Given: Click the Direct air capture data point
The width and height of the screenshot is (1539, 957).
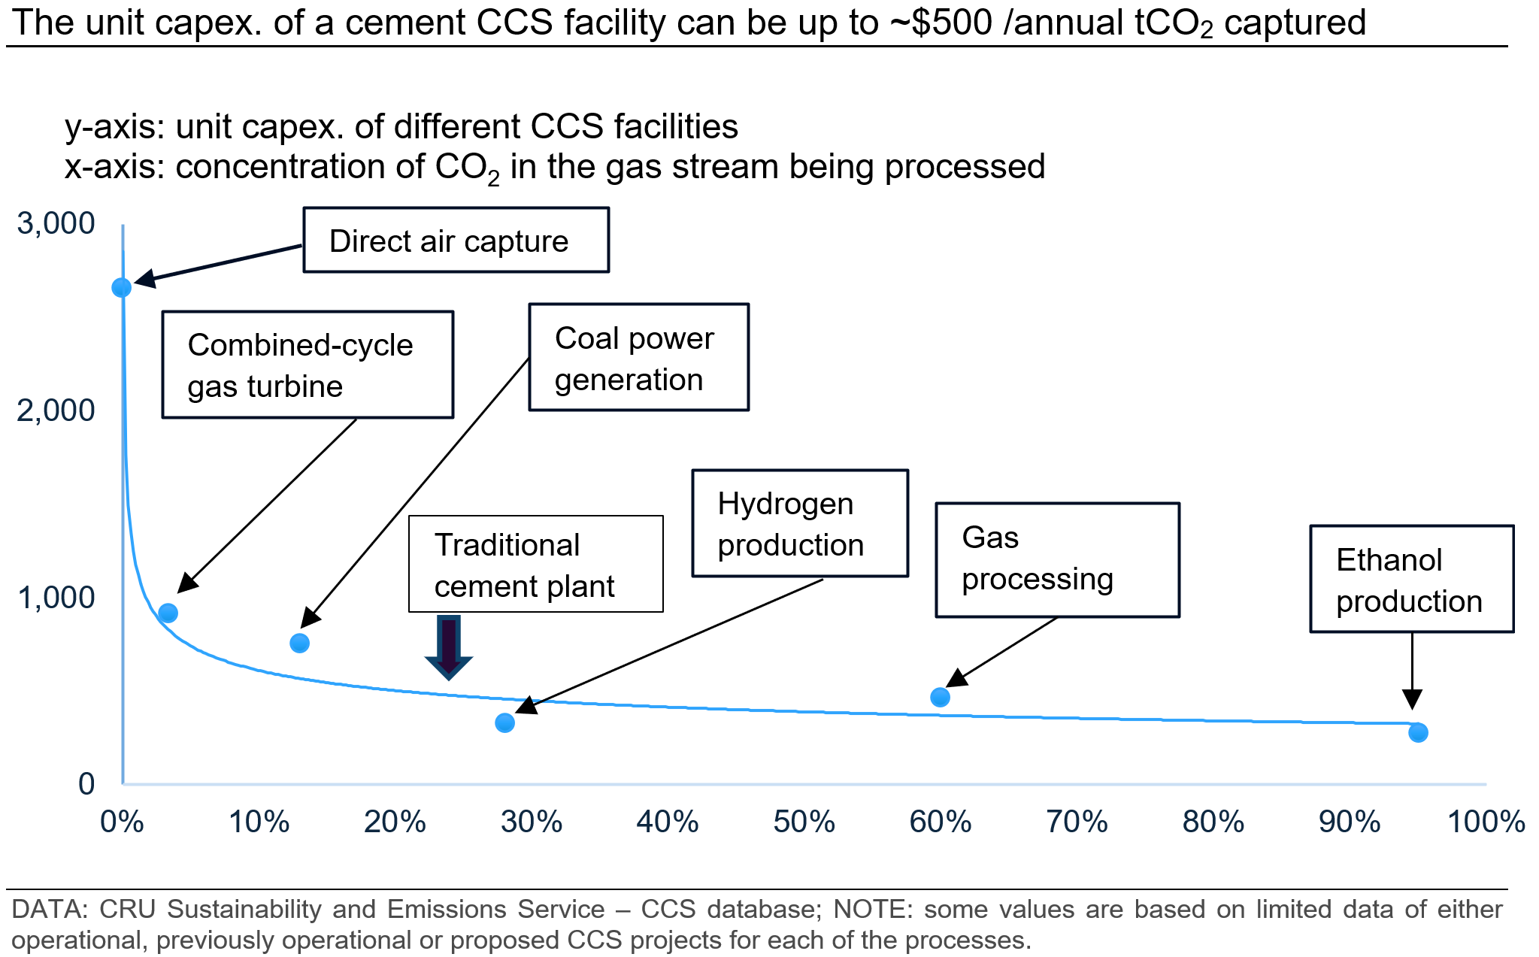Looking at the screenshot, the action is [x=122, y=287].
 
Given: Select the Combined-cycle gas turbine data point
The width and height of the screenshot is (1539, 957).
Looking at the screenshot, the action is [x=168, y=613].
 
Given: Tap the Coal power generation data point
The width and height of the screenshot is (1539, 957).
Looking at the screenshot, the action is [x=299, y=643].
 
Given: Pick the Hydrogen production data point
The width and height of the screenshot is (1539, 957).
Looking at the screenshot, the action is [x=505, y=722].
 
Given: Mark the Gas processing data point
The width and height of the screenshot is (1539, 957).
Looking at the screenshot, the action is [x=940, y=697].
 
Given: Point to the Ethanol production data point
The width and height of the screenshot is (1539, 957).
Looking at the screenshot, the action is [x=1418, y=732].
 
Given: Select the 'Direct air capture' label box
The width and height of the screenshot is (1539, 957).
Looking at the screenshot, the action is [x=456, y=240].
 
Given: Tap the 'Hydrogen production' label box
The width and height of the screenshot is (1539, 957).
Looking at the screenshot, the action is [x=800, y=523].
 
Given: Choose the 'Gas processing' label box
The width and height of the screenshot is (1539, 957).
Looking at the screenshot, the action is [x=1058, y=560].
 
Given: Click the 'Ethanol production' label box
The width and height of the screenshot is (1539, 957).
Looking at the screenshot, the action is [x=1412, y=579].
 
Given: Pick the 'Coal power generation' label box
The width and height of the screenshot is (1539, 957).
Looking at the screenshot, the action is [x=639, y=357].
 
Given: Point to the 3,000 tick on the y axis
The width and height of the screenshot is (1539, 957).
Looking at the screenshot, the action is [x=56, y=223].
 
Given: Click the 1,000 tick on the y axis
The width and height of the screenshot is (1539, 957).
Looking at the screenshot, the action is [x=56, y=598].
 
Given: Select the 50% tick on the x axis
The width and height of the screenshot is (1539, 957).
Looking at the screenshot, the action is [x=804, y=822].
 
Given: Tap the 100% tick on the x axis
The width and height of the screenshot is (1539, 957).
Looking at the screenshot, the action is [x=1486, y=822].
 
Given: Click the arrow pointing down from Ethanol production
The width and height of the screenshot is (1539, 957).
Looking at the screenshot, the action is [x=1412, y=671].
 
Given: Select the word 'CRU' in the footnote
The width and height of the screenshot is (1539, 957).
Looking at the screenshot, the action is [x=127, y=909].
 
